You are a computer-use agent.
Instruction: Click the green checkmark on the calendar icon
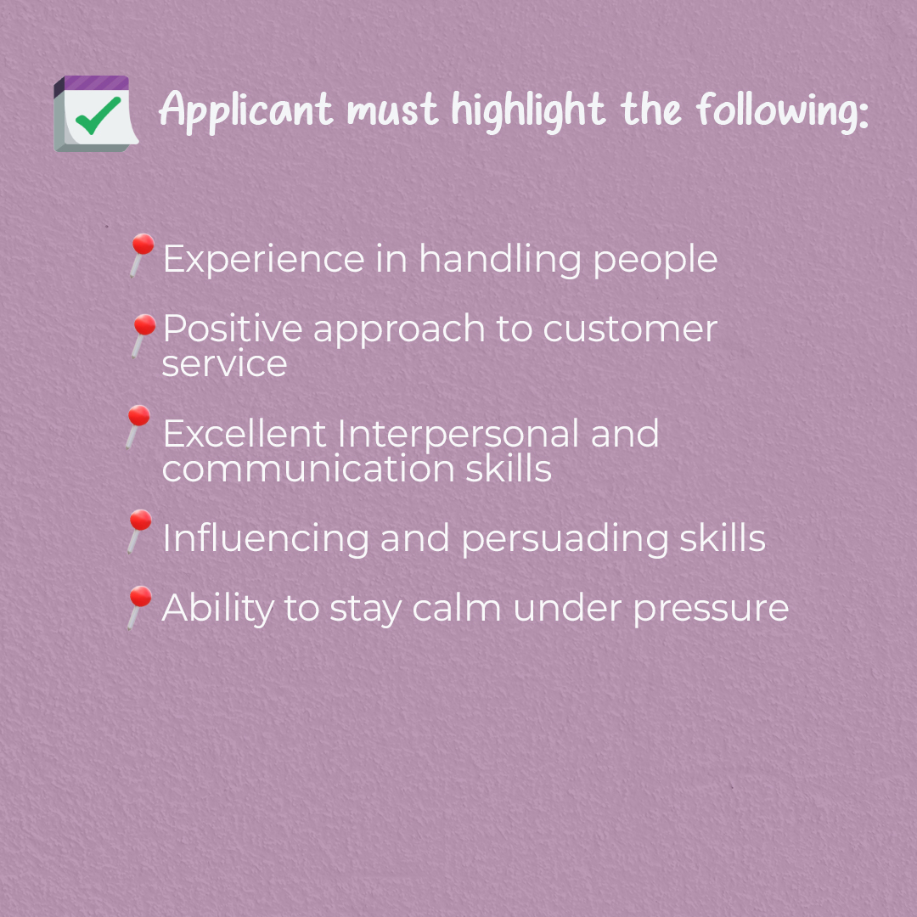coord(98,115)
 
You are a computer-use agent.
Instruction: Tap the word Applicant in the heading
coord(246,110)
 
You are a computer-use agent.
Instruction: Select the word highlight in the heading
coord(528,110)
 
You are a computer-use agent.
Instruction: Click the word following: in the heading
coord(783,110)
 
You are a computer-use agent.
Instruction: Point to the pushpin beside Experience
coord(142,255)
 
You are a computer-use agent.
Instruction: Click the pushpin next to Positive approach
coord(143,335)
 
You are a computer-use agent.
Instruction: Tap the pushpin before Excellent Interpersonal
coord(138,426)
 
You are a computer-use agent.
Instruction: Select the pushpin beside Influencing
coord(140,531)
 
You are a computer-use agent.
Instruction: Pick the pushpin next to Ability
coord(140,608)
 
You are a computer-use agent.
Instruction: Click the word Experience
coord(264,259)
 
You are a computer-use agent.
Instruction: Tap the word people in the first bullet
coord(655,259)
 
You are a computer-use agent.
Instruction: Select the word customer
coord(630,329)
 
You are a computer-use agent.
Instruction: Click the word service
coord(224,363)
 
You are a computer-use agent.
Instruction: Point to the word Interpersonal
coord(458,434)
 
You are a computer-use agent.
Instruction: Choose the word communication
coord(307,469)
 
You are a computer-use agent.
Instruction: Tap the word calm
coord(457,608)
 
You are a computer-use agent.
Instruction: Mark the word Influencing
coord(266,538)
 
